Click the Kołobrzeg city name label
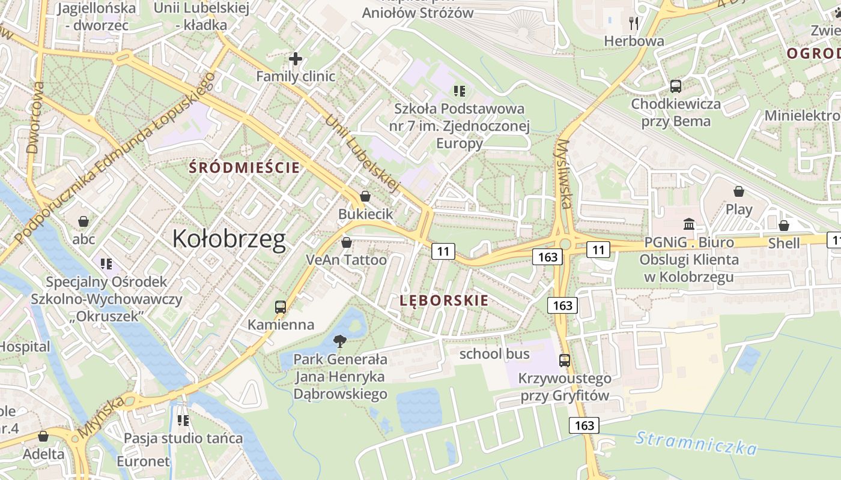229,239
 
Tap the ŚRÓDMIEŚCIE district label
244,167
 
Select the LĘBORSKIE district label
444,301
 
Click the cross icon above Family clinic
295,59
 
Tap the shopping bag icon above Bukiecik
365,196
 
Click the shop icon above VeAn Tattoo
346,242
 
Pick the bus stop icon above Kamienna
281,307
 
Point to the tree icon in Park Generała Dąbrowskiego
339,342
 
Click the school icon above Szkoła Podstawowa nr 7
460,91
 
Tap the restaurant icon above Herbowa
634,23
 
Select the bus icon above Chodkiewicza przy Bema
676,86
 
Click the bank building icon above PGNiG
689,224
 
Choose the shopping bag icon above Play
739,191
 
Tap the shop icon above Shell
784,226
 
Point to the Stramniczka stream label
696,443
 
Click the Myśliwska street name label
564,174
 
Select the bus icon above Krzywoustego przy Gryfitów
565,361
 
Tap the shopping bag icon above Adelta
43,436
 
